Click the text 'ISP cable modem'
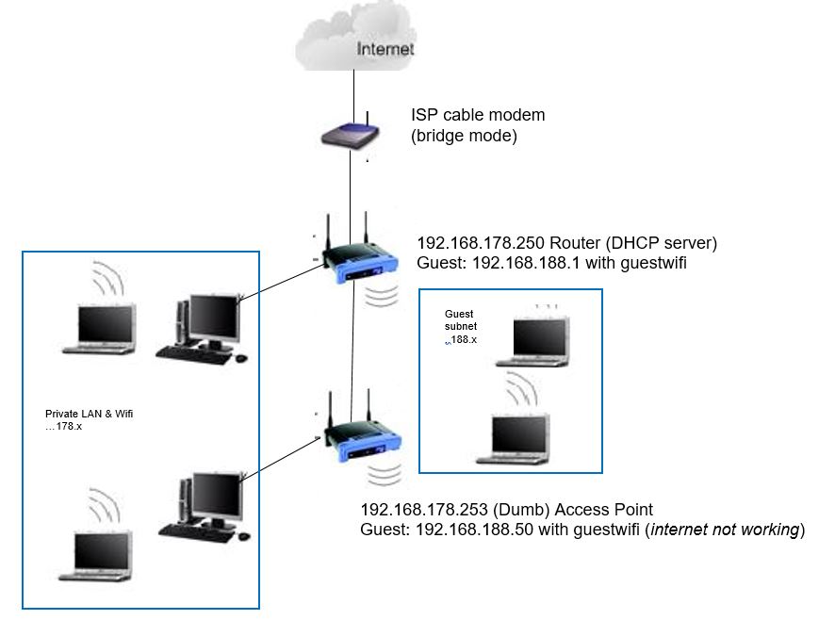[x=478, y=115]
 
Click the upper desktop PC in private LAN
[x=203, y=325]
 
